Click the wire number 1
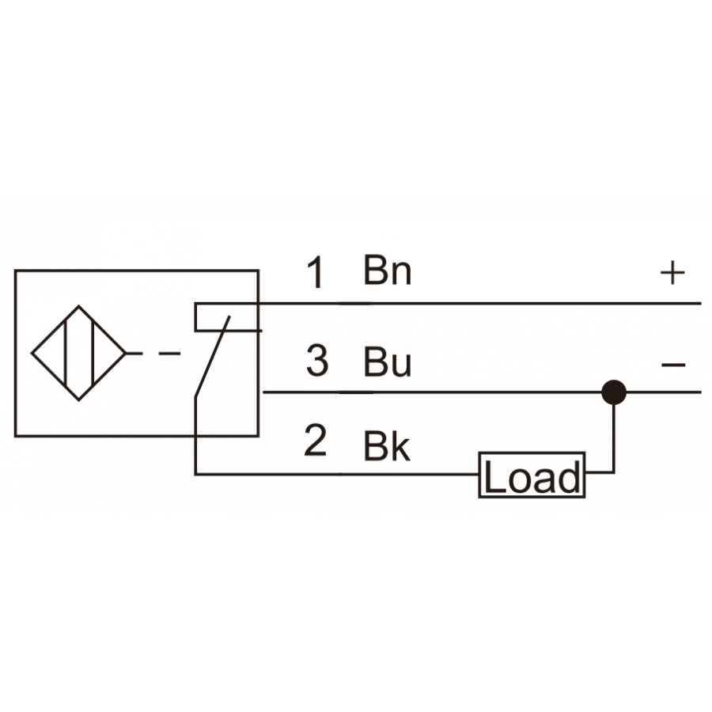point(316,271)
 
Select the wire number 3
point(317,361)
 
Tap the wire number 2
point(316,440)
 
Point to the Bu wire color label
point(388,362)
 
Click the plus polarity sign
point(672,273)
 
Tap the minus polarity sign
point(673,364)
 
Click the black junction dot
point(614,392)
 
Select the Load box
point(532,475)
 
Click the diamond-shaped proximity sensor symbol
point(78,353)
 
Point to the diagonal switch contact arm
point(213,357)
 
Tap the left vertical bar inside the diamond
point(66,353)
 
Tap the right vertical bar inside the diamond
point(93,353)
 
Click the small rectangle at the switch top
point(227,317)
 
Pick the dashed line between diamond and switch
point(153,353)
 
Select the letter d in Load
point(570,477)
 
